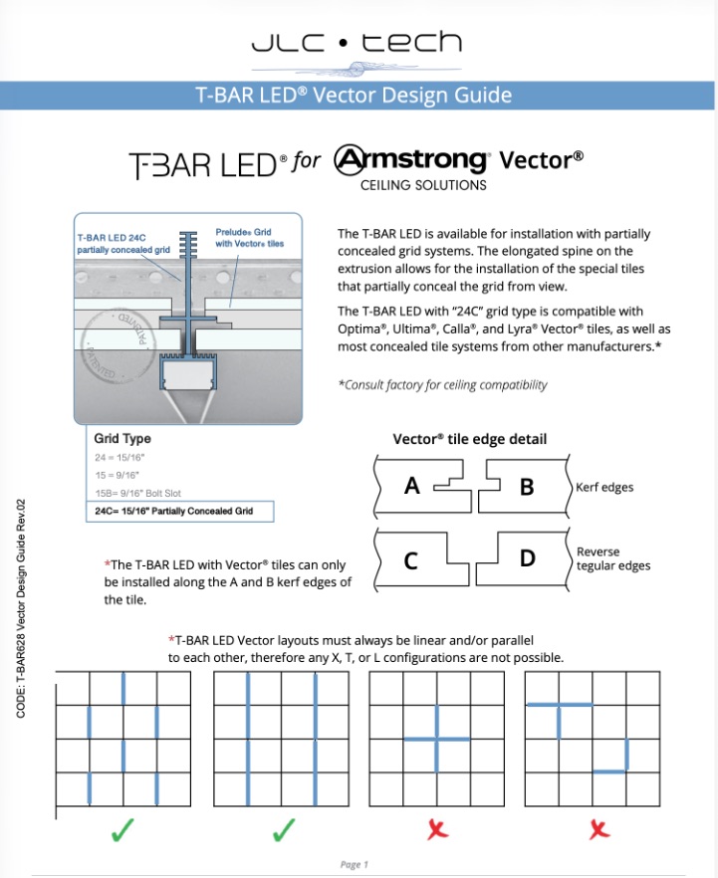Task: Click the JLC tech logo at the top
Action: click(356, 44)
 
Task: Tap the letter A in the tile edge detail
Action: click(412, 486)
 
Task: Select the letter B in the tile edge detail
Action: click(527, 487)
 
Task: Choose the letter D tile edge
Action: click(528, 558)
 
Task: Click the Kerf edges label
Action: click(604, 487)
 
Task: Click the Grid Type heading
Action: click(122, 438)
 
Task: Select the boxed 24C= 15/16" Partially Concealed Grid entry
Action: click(174, 512)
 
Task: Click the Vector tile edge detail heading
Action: click(469, 439)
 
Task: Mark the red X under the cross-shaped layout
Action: click(436, 830)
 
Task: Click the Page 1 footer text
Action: click(355, 864)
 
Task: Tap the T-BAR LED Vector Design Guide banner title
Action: click(354, 96)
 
